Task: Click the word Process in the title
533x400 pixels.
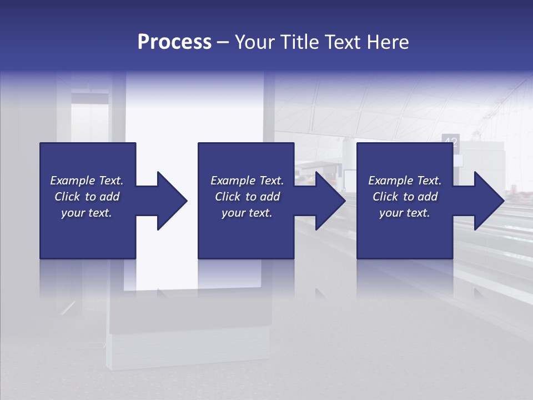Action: coord(174,42)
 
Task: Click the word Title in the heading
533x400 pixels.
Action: coord(299,42)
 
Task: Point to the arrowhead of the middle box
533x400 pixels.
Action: coord(330,201)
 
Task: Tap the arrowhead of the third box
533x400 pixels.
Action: coord(489,201)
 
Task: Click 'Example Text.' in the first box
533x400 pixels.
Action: coord(87,181)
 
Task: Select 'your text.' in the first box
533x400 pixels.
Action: coord(87,213)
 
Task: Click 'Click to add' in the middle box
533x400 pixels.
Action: coord(247,197)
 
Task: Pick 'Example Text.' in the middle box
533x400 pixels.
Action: coord(247,181)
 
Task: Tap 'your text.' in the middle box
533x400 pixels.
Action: coord(247,213)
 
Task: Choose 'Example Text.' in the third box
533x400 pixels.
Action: coord(405,181)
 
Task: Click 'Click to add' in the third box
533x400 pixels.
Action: coord(405,197)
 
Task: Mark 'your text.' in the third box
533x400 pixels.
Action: coord(405,213)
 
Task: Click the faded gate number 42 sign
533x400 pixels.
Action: coord(450,141)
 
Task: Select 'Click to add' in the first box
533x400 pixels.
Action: coord(87,197)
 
